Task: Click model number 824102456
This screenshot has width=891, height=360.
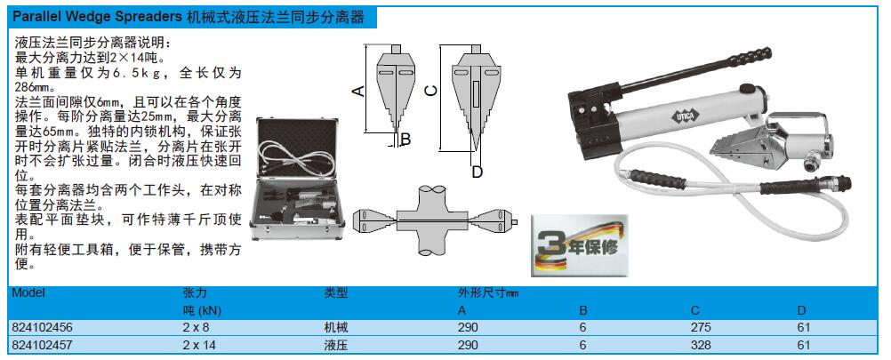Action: coord(42,328)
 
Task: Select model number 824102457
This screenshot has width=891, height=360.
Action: coord(42,345)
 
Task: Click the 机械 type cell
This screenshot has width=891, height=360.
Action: coord(335,328)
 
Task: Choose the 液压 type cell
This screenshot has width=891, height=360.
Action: coord(335,345)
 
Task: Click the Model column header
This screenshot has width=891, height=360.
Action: coord(28,293)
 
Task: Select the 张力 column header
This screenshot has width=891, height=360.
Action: coord(195,293)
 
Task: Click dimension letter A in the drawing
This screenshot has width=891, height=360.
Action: coord(358,91)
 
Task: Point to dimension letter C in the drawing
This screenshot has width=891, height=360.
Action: coord(431,91)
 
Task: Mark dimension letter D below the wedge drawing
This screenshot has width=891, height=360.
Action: coord(478,172)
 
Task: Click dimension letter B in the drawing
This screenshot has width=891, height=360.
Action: coord(405,139)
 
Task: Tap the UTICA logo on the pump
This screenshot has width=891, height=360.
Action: coord(680,117)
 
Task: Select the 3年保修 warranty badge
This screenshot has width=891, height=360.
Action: coord(580,245)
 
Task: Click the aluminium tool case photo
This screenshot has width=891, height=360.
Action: coord(298,179)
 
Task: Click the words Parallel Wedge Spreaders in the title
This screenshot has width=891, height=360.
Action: coord(97,17)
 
